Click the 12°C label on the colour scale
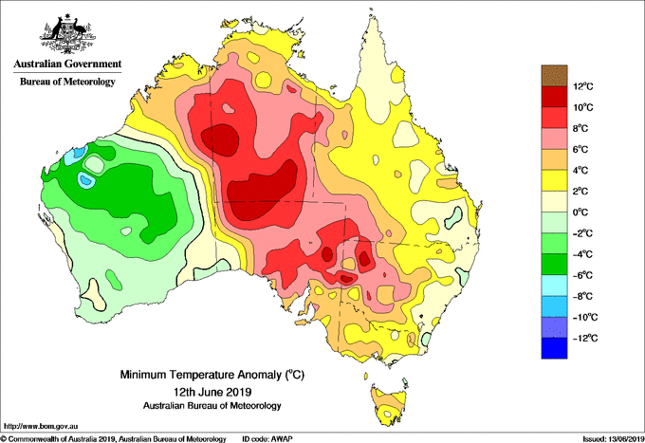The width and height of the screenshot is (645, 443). tap(583, 86)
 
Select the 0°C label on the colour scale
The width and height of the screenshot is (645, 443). tap(580, 212)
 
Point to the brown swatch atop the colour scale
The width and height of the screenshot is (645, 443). tap(554, 75)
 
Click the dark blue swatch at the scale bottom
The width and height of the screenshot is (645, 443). tap(554, 348)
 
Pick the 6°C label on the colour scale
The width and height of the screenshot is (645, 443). tap(580, 149)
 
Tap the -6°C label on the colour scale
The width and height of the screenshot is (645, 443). tap(582, 275)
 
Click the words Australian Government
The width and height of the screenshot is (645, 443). tap(67, 64)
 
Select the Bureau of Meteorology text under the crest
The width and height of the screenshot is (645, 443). tap(67, 82)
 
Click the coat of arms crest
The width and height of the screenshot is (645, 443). tap(67, 34)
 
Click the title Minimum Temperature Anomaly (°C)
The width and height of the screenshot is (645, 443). tap(212, 375)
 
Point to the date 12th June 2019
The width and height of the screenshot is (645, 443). tap(212, 391)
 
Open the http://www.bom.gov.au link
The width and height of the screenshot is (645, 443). tap(40, 426)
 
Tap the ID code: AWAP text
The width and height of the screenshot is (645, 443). tap(267, 439)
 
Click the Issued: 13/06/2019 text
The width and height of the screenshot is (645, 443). tap(614, 439)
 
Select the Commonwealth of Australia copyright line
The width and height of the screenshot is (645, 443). tap(113, 439)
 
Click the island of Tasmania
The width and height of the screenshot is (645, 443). tap(388, 405)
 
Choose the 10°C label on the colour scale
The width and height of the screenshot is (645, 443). tap(583, 107)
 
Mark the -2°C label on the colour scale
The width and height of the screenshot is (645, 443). tap(582, 233)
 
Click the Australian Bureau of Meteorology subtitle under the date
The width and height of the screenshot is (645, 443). tap(212, 406)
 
